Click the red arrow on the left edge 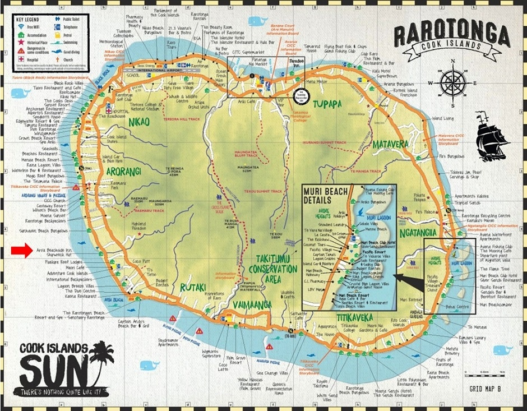[21, 251]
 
